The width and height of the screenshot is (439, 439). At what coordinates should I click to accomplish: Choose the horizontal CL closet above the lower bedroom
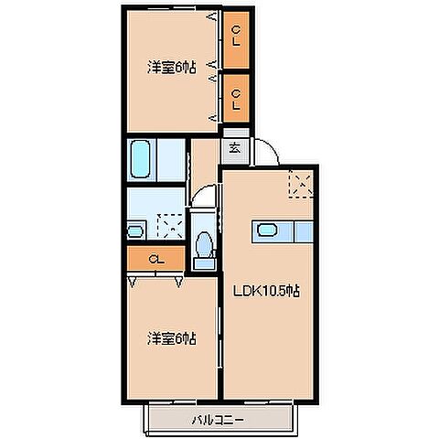coord(156,261)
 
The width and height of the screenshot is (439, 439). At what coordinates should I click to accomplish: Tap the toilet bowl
coord(205,246)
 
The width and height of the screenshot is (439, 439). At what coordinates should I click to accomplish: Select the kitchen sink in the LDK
coord(266,230)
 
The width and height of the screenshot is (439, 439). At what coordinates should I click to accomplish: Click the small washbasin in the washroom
coord(135,229)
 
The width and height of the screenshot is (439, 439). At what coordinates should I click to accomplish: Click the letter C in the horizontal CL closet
coord(152,261)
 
